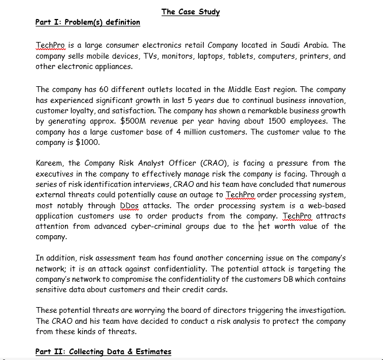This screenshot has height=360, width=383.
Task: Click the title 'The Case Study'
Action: click(x=190, y=12)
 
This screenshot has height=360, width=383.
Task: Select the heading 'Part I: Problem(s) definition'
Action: click(x=87, y=22)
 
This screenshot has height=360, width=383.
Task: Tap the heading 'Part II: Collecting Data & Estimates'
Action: click(x=103, y=351)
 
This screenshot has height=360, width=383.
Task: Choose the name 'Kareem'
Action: click(x=49, y=164)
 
